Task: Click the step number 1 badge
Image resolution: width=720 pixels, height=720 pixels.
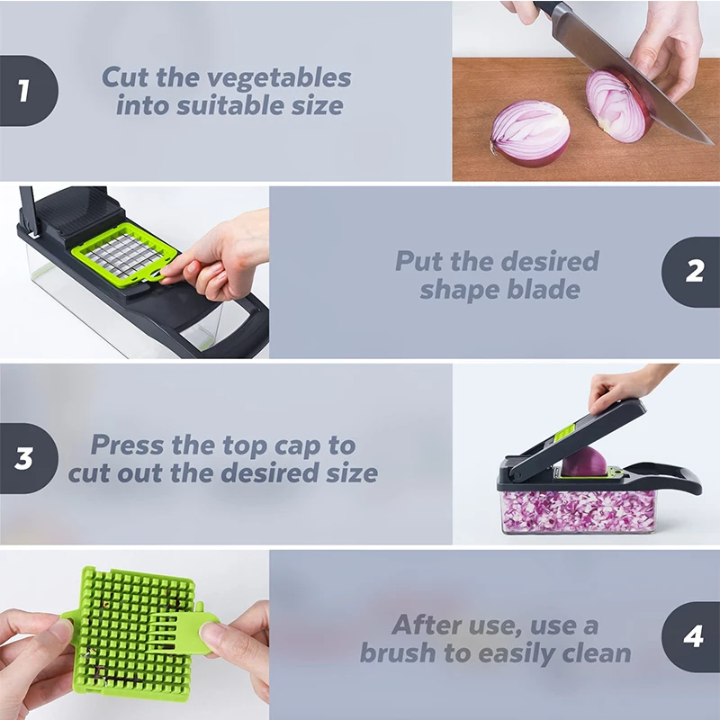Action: click(x=24, y=90)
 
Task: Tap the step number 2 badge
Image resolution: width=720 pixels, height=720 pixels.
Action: click(x=694, y=272)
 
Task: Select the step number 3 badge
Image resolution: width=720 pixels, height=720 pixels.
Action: click(x=24, y=457)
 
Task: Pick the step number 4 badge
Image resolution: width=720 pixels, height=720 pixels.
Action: click(x=693, y=637)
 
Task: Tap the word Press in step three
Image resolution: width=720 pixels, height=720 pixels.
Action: click(x=128, y=445)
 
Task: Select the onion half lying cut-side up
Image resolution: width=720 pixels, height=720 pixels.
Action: click(x=530, y=132)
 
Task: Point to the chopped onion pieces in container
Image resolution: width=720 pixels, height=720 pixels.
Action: click(x=576, y=509)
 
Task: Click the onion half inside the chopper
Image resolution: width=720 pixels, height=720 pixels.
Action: click(x=585, y=461)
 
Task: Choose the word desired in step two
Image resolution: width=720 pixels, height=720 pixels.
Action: click(x=546, y=262)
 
